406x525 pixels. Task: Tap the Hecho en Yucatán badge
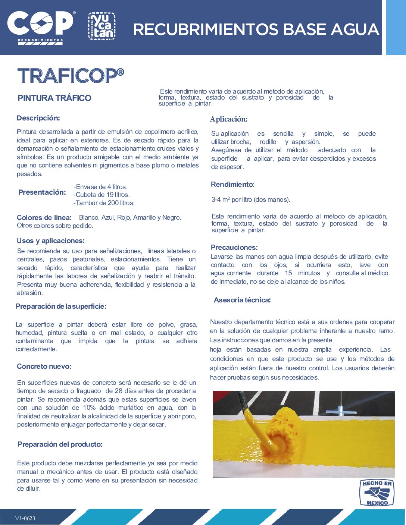(x=101, y=26)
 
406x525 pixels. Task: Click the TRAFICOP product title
(x=71, y=76)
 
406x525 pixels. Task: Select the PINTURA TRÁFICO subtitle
(x=54, y=98)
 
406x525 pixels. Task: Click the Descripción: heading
(x=38, y=118)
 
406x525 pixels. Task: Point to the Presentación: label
(x=42, y=192)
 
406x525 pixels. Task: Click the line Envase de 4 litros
(x=101, y=187)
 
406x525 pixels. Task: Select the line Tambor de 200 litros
(x=104, y=203)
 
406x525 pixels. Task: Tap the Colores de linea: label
(x=44, y=218)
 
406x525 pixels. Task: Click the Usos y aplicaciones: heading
(x=51, y=241)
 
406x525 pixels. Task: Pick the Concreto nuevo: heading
(x=44, y=367)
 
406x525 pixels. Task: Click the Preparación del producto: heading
(x=60, y=444)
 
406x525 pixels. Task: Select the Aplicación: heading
(x=229, y=119)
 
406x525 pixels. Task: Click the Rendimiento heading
(x=232, y=185)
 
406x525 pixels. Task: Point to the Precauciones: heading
(x=234, y=248)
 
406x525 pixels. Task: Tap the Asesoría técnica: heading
(x=242, y=300)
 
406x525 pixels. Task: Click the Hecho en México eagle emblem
(x=377, y=493)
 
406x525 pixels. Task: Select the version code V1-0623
(x=25, y=518)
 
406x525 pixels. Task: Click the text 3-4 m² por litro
(x=250, y=199)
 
